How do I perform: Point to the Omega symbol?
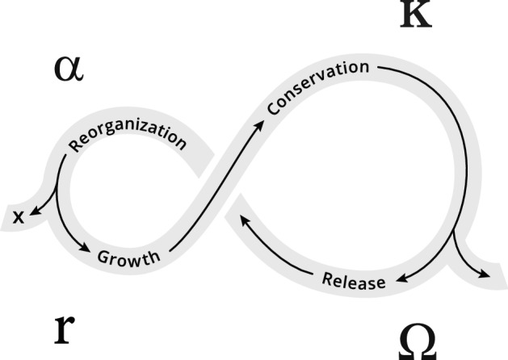coord(418,343)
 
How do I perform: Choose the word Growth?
coord(129,257)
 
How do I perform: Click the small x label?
coord(18,216)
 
